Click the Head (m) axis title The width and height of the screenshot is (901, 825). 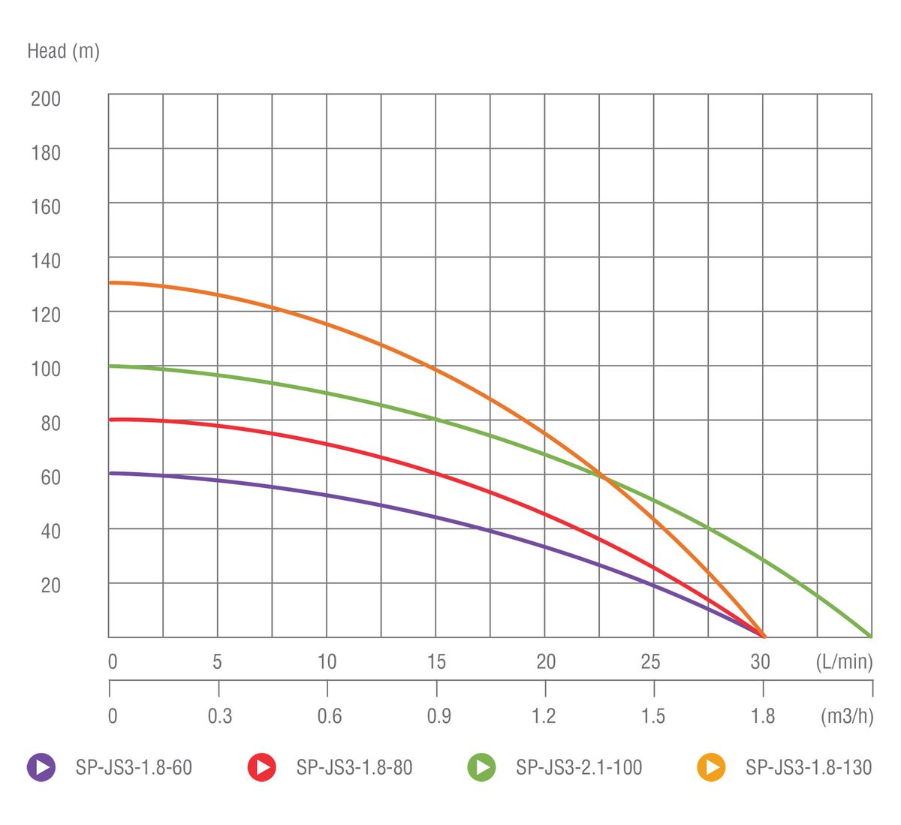63,51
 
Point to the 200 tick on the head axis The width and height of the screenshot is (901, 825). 45,98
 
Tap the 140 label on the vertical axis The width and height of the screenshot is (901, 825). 45,261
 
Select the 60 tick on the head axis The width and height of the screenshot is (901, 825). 50,477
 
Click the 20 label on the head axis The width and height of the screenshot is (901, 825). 50,585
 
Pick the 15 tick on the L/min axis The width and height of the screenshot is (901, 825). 436,661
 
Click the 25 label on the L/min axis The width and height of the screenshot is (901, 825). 650,661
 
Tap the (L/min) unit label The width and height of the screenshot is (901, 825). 845,661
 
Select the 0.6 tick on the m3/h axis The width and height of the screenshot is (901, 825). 329,715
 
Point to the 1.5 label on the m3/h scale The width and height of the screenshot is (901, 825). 653,715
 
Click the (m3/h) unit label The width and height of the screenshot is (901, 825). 847,715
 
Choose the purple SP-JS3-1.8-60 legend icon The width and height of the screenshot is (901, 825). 41,767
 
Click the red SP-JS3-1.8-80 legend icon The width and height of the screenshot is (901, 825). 261,767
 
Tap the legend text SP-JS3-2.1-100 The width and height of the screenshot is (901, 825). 579,767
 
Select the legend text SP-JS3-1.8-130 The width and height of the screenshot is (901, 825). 809,767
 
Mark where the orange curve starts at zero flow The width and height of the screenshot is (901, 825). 110,282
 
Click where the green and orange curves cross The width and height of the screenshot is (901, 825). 601,474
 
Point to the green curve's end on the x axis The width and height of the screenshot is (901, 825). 871,637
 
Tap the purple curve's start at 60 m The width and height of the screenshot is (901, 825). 110,473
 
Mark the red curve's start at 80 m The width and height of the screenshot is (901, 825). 110,420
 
